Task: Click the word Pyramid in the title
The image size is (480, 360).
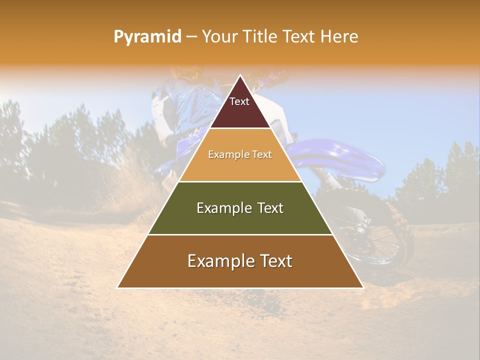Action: tap(147, 36)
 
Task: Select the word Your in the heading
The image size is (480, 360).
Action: tap(219, 36)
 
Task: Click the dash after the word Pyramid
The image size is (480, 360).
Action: tap(191, 37)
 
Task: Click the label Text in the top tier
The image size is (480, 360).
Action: tap(239, 101)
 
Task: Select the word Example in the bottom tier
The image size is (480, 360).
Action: tap(218, 261)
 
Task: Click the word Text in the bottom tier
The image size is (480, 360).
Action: tap(275, 261)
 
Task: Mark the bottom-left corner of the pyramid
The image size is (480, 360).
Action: tap(118, 287)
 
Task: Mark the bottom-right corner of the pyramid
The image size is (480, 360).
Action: tap(362, 287)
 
